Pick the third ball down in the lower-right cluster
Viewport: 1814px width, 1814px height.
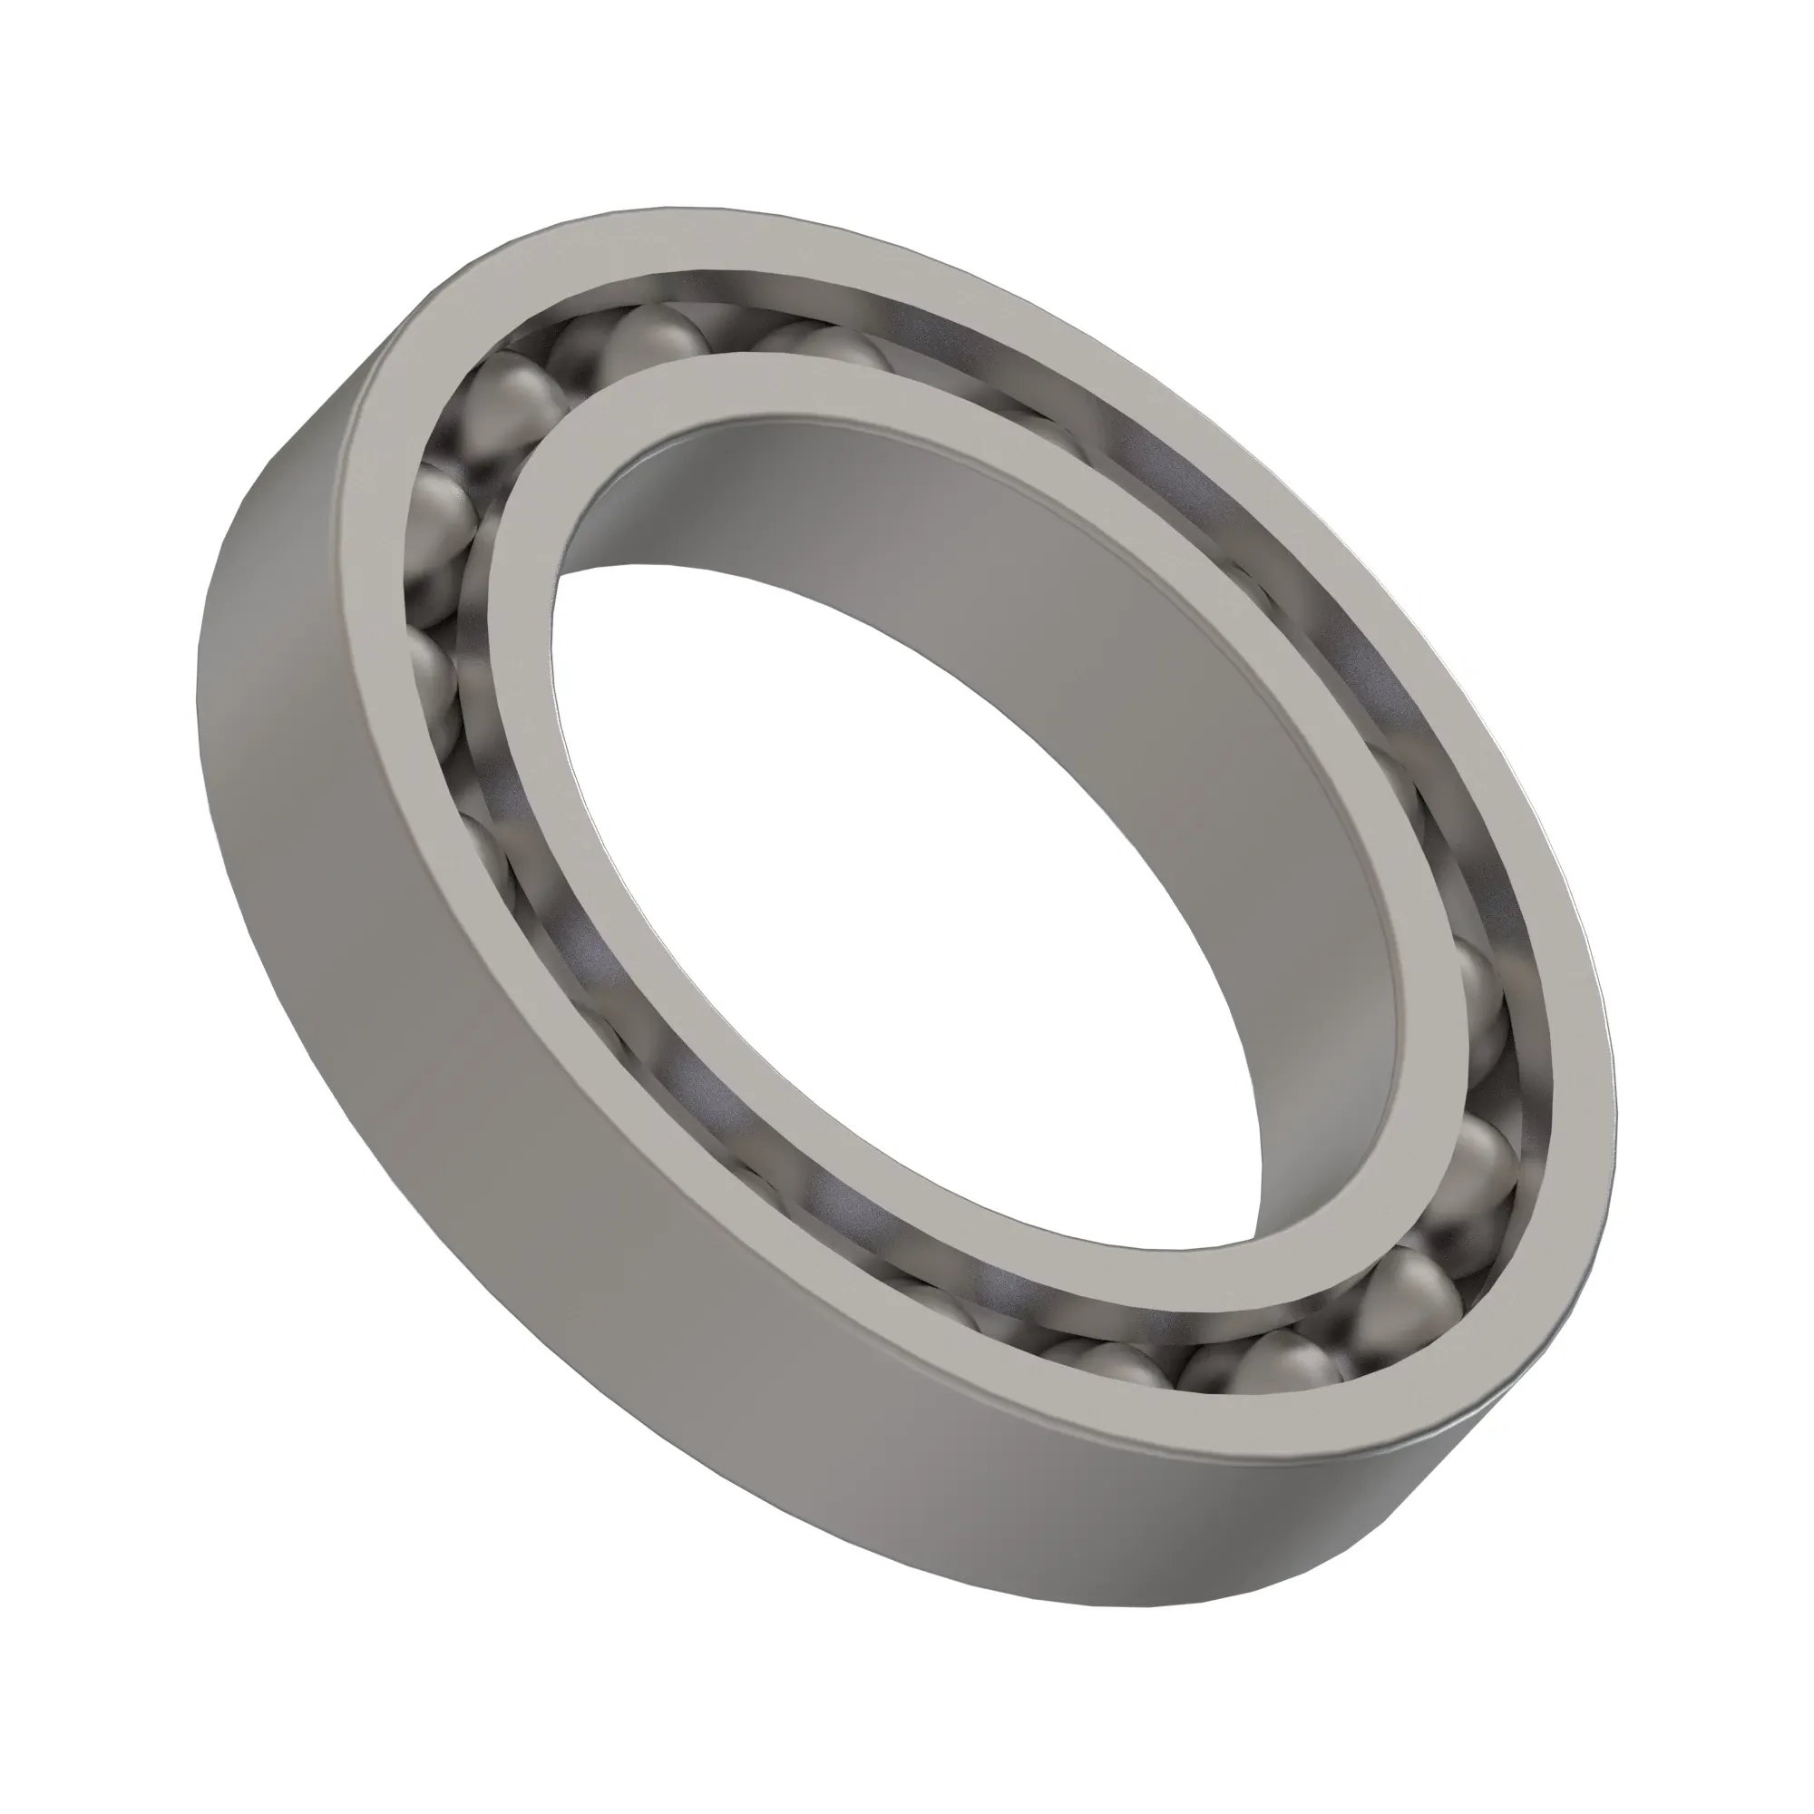point(1409,1286)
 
